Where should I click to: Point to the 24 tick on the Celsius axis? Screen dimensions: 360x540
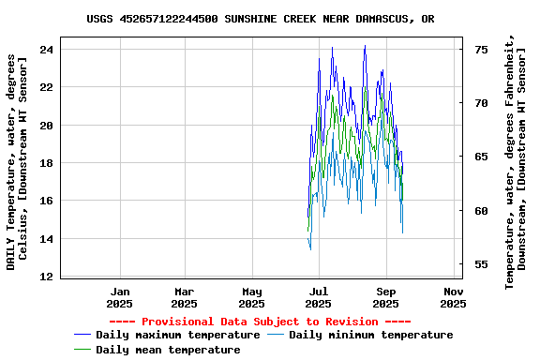click(x=46, y=49)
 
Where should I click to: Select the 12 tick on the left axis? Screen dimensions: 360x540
click(x=46, y=277)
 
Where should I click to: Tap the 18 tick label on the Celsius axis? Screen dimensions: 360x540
click(x=46, y=163)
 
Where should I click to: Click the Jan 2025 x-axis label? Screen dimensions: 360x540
click(x=119, y=297)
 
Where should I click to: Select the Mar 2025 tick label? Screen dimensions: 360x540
click(x=185, y=297)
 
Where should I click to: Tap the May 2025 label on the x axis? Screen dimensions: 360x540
click(x=251, y=297)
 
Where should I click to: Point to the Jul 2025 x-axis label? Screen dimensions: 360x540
click(x=318, y=297)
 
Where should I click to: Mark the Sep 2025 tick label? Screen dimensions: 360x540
click(x=386, y=297)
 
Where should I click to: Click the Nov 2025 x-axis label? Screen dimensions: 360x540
click(x=453, y=297)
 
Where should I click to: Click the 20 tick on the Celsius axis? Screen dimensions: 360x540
click(x=46, y=125)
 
